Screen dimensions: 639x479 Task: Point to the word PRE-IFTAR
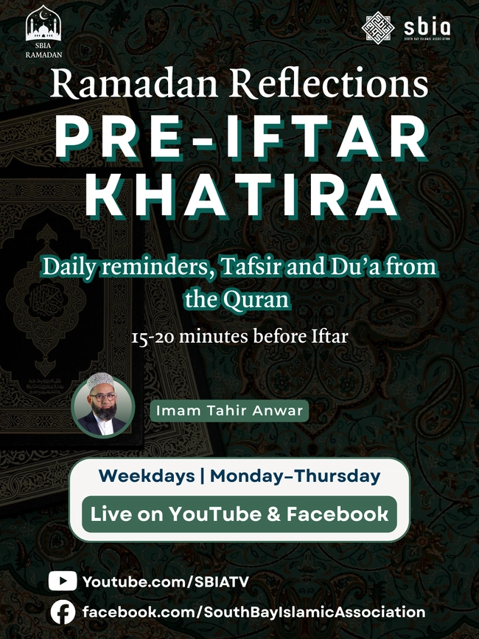[239, 136]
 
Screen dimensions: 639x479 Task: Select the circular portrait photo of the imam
[103, 408]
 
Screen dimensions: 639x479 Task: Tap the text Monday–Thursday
[296, 476]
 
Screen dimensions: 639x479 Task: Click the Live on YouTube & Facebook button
[239, 514]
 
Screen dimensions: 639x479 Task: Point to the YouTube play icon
[63, 582]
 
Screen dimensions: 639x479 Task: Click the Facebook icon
[63, 612]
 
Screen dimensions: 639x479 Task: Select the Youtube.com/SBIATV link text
[166, 582]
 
